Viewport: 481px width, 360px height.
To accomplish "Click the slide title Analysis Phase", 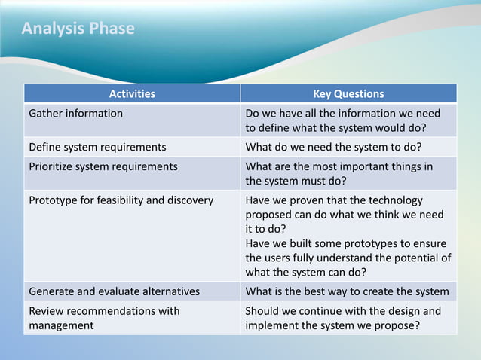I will [x=78, y=29].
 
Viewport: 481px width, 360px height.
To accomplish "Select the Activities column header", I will [x=132, y=94].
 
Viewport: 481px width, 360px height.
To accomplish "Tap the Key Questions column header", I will [x=348, y=94].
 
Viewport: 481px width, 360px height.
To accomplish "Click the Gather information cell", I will [x=75, y=114].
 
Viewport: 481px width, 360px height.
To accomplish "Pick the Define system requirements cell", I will [x=97, y=147].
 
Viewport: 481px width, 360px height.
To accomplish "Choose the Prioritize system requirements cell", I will [x=103, y=166].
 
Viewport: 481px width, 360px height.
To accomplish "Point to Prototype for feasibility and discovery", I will [x=121, y=200].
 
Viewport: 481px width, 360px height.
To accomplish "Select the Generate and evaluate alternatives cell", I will [x=114, y=291].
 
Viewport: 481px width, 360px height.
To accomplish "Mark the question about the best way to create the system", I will [x=348, y=291].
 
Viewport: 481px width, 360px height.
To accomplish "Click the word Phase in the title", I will [x=112, y=29].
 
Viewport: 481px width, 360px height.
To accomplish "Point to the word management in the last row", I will [x=61, y=326].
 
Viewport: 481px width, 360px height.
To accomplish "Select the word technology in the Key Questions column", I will [x=396, y=200].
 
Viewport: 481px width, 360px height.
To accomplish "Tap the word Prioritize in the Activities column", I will [x=52, y=166].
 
